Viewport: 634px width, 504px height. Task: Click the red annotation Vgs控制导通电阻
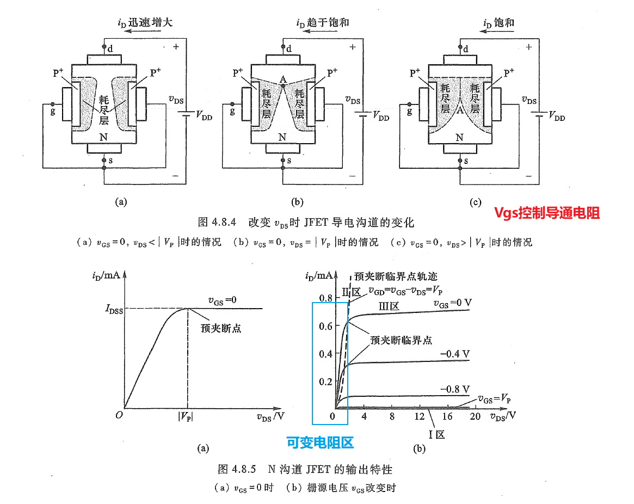click(546, 213)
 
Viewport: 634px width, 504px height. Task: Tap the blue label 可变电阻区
click(320, 442)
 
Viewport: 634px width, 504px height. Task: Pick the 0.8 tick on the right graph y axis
click(325, 298)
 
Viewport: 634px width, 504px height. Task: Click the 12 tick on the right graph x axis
click(420, 416)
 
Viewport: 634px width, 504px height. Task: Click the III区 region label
click(389, 306)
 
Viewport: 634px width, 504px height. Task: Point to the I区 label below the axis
click(437, 434)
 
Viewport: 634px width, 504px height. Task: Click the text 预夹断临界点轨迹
click(395, 276)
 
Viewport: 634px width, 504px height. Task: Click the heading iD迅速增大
click(145, 22)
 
